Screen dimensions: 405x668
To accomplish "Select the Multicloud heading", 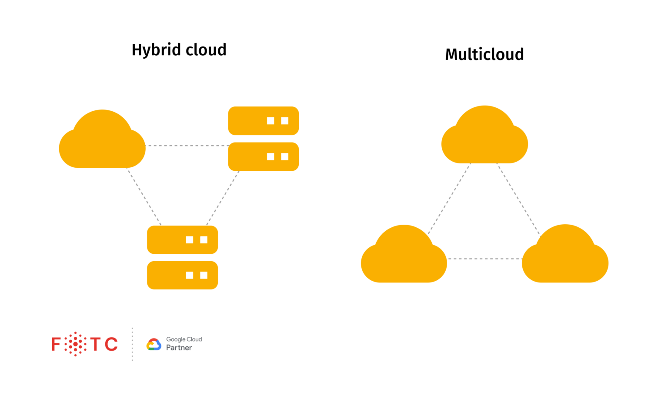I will click(x=484, y=55).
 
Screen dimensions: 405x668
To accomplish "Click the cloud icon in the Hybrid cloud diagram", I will click(x=102, y=143).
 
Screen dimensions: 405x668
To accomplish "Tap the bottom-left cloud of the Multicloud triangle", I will click(x=404, y=258).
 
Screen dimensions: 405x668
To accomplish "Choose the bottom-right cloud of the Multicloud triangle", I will click(x=565, y=258).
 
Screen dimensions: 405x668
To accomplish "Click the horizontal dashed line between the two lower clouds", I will click(x=484, y=259).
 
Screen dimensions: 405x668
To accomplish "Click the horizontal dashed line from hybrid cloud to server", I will click(x=187, y=146).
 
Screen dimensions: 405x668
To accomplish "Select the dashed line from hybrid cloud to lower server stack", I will click(x=144, y=197).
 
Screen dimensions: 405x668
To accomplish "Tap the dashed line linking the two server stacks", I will click(x=223, y=198).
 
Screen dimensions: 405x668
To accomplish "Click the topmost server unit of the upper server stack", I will click(x=263, y=121).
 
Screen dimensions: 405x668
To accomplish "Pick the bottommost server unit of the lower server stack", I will click(x=182, y=275).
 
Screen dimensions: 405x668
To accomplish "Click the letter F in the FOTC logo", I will click(x=56, y=344).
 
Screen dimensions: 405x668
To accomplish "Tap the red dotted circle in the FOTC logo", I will click(x=76, y=344).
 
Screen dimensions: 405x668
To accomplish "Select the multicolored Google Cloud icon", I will click(x=154, y=345).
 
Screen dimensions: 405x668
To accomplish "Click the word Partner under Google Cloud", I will click(x=179, y=348).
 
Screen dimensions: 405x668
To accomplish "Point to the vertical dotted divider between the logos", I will click(x=132, y=344).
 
